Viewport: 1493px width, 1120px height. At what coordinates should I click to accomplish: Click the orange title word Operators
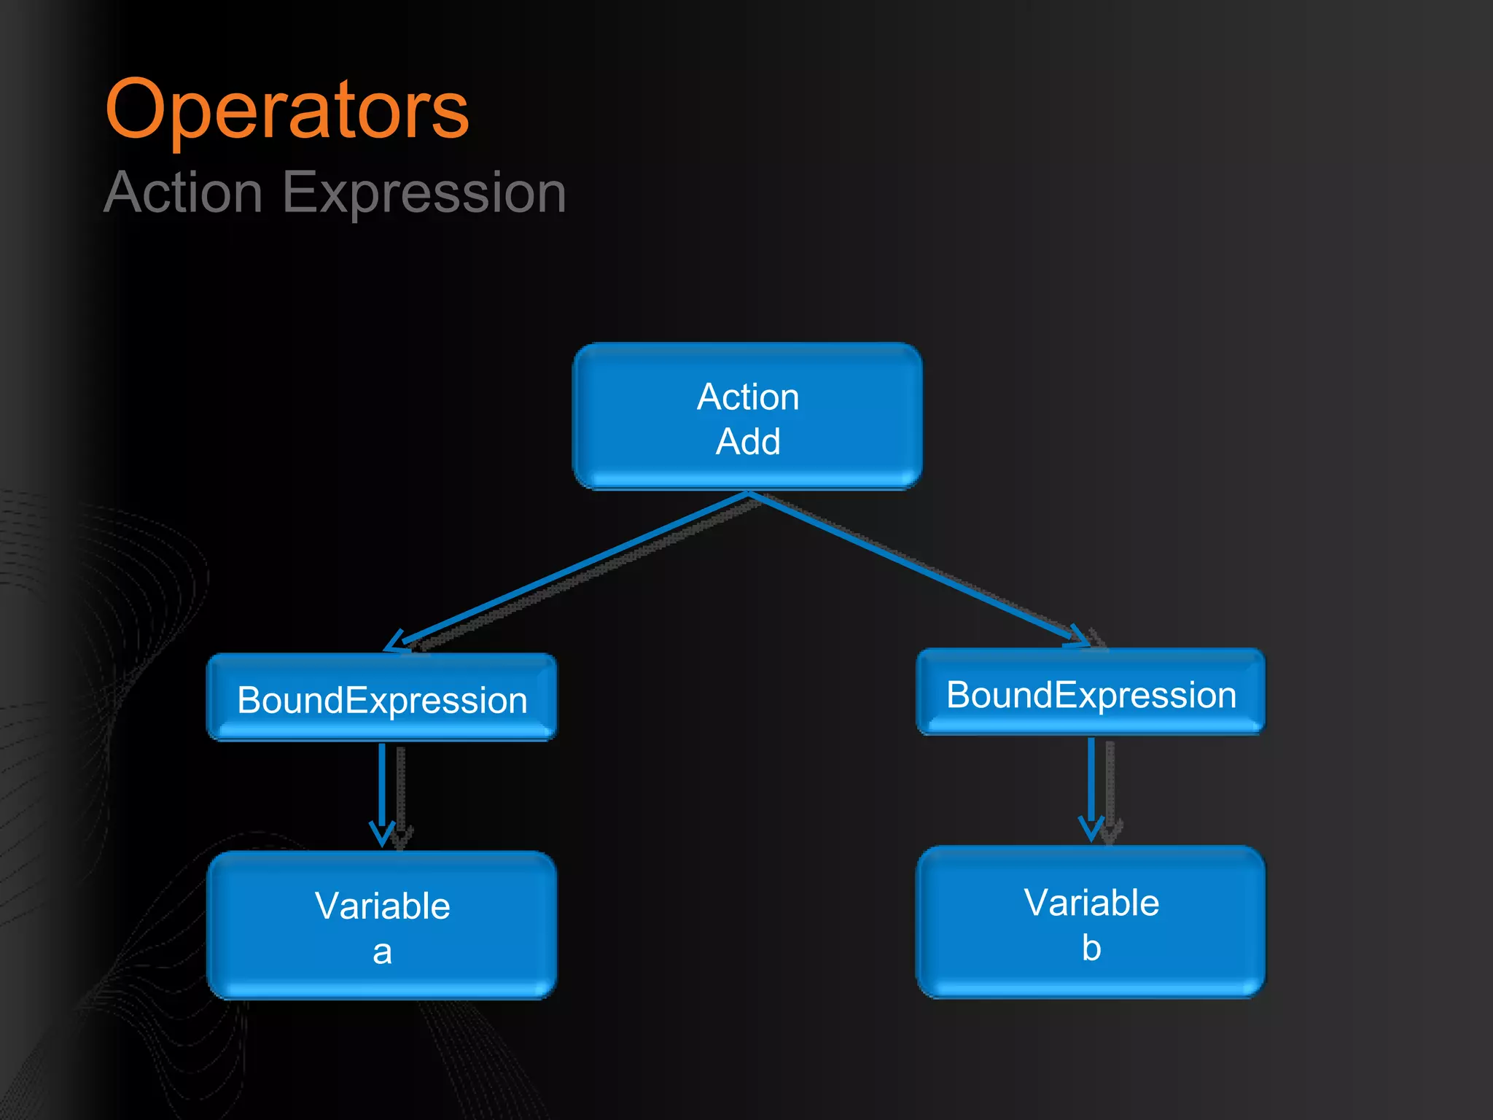286,111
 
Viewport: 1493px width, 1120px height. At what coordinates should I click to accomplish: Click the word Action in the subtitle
183,192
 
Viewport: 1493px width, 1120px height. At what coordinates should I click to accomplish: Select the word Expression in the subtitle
424,192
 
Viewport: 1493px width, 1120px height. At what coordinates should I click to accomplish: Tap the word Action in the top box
748,397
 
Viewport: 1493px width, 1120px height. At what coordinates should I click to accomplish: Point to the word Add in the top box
748,442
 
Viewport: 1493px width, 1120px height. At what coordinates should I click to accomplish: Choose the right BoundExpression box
1091,693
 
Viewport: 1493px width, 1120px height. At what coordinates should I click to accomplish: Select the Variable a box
381,926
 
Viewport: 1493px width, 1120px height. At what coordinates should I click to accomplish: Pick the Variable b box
1091,922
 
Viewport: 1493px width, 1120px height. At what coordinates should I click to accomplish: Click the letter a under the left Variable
382,952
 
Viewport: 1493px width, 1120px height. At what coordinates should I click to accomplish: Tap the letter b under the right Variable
1091,948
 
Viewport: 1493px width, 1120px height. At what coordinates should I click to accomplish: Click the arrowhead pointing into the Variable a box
382,835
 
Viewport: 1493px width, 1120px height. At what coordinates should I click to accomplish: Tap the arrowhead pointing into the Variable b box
1091,830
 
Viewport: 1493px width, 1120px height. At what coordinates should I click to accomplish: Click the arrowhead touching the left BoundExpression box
396,642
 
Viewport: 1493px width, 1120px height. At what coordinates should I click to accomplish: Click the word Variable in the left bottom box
382,906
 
